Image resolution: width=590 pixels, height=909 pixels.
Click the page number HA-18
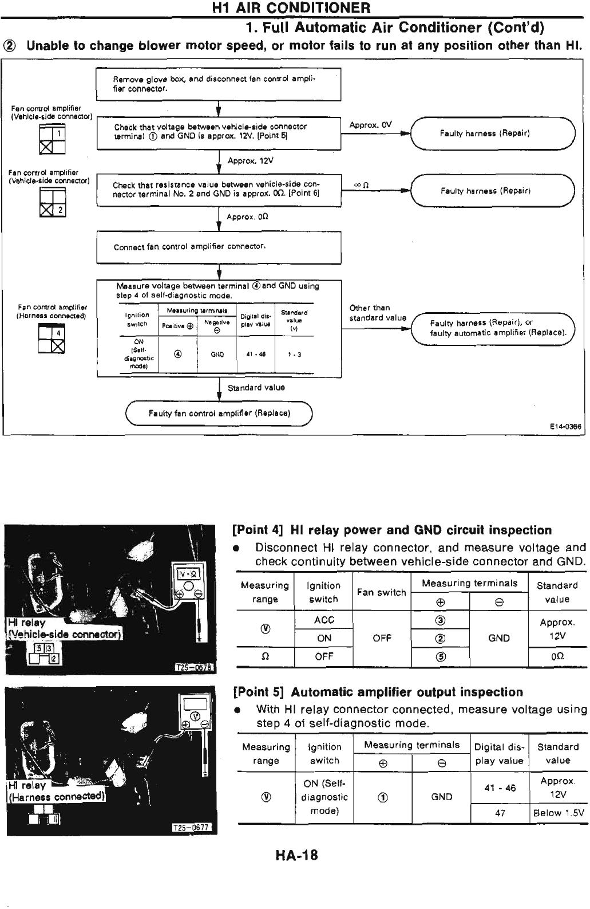(x=296, y=856)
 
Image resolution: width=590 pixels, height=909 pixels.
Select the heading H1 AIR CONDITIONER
(x=291, y=8)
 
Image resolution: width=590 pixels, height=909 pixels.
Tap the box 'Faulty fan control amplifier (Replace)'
(x=220, y=413)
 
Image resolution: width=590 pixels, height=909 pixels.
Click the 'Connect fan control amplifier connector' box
(x=219, y=247)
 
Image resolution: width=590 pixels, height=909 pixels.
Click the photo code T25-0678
(x=194, y=667)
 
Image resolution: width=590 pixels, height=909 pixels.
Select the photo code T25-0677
(x=193, y=827)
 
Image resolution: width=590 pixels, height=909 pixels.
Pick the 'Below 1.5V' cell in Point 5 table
(x=558, y=813)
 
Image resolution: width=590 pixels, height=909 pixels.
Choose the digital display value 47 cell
(x=500, y=813)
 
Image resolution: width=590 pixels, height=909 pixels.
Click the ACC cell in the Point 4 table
(x=324, y=620)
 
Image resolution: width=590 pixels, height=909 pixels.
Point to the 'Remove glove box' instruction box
(x=219, y=84)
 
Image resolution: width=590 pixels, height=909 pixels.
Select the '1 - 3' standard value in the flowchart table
(x=295, y=355)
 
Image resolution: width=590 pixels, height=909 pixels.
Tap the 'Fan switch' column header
(x=381, y=592)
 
